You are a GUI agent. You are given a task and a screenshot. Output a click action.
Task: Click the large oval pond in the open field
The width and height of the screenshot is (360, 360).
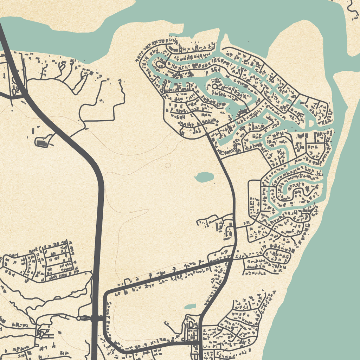[x=204, y=177]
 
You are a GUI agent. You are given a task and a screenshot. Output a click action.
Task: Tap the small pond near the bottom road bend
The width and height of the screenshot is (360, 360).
[x=190, y=307]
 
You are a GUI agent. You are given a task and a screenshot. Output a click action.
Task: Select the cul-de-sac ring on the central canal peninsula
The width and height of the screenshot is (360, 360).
[x=214, y=86]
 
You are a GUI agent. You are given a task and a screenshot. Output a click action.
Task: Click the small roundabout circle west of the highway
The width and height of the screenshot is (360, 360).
[x=79, y=318]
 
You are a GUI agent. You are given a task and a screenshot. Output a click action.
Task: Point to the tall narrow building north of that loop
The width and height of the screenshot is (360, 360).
[x=33, y=131]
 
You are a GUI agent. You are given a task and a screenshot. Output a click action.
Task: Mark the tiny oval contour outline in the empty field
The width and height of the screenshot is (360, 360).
[x=168, y=165]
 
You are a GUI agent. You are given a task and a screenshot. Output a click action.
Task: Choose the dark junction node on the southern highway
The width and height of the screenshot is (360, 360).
[x=95, y=319]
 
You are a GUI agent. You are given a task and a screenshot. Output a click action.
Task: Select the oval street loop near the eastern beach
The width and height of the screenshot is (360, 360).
[x=278, y=256]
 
